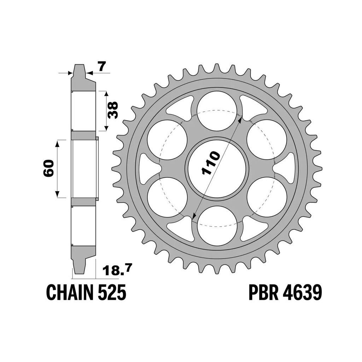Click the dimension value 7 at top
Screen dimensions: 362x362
pyautogui.click(x=101, y=66)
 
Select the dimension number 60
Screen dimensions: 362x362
pyautogui.click(x=48, y=168)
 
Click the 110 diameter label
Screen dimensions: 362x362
pyautogui.click(x=211, y=163)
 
